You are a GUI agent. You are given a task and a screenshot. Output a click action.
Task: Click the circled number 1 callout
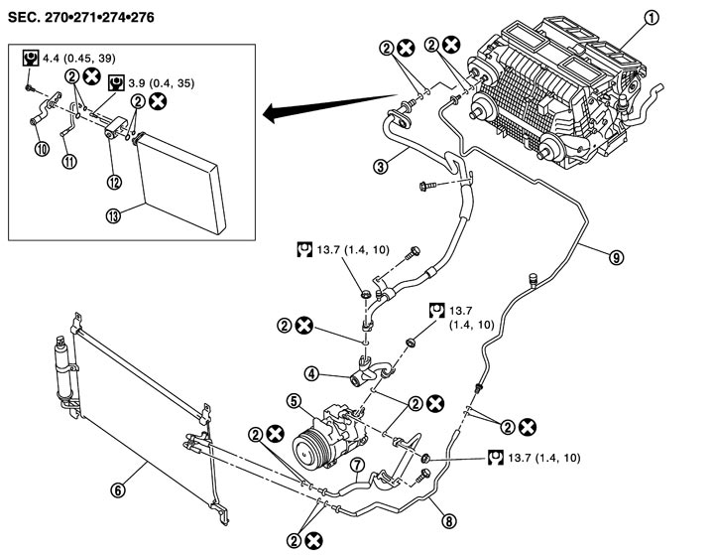652,18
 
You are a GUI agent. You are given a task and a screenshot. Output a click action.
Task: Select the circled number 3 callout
381,166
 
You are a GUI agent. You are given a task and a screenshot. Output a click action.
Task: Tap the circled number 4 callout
312,374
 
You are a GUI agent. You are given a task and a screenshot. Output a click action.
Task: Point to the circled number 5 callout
295,401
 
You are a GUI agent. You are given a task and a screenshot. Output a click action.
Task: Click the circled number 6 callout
118,490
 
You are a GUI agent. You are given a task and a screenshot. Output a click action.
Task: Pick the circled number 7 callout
358,466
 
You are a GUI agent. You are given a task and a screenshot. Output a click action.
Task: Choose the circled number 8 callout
449,521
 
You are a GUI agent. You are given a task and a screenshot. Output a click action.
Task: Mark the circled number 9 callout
616,258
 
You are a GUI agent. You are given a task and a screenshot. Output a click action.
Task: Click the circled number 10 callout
43,149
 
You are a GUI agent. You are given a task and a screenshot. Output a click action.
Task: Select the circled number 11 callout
69,161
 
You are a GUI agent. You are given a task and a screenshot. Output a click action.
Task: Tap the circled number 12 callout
114,182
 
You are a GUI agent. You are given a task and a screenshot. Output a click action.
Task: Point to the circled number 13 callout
114,215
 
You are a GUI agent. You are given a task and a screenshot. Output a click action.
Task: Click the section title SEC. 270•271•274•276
81,17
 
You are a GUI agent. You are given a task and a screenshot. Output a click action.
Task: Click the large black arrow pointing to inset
330,108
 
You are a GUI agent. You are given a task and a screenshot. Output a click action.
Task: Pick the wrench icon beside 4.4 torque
31,59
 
